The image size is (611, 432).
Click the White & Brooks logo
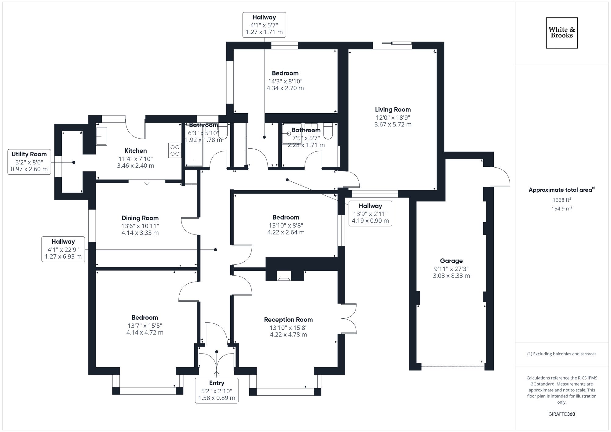[562, 33]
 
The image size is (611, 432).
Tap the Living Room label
[393, 110]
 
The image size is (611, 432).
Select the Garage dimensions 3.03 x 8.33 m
[451, 276]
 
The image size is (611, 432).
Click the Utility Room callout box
[29, 162]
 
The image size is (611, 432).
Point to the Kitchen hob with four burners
[175, 151]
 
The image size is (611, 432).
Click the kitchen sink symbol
[101, 136]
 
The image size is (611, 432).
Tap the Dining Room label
[140, 218]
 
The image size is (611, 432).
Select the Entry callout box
[217, 390]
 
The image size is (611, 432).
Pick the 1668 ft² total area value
[562, 200]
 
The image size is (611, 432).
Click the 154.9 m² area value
[562, 209]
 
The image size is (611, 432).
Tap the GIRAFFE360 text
[562, 414]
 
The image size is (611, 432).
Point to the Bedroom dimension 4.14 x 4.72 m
[145, 332]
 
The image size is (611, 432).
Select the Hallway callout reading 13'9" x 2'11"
[370, 213]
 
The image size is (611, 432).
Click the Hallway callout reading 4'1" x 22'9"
[63, 249]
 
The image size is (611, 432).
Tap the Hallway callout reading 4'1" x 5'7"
[264, 25]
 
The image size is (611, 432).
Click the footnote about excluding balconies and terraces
[562, 354]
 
